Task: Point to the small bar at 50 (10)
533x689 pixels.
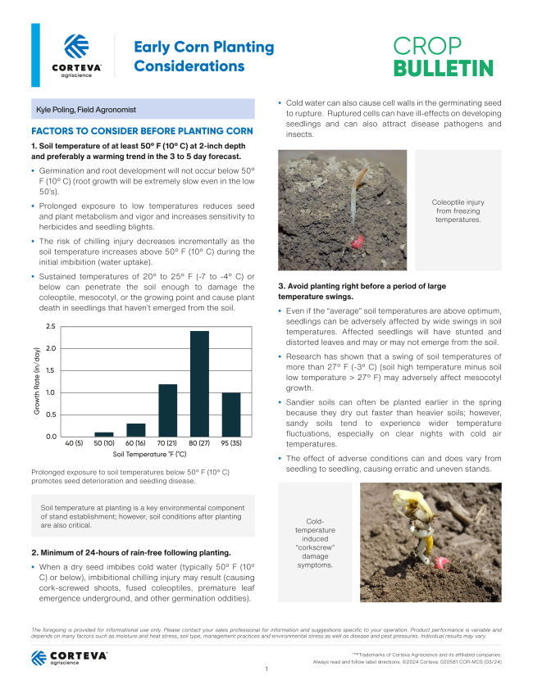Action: [104, 433]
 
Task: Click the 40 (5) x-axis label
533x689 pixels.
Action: [73, 443]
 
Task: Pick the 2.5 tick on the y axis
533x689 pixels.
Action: [50, 327]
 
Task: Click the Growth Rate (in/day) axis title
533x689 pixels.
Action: [38, 381]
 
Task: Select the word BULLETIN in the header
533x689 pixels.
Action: [443, 68]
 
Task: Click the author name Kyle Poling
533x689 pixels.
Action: [85, 109]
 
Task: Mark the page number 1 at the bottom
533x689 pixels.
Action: [266, 669]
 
